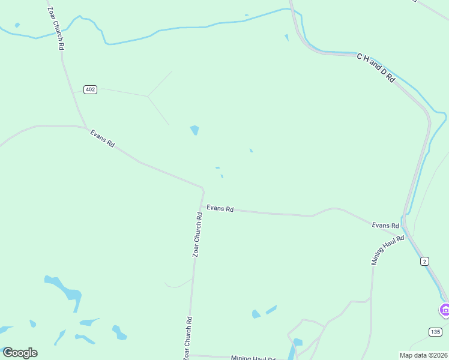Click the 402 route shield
click(90, 89)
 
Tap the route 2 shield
click(425, 260)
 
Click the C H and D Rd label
click(376, 67)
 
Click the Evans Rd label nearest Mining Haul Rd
click(385, 226)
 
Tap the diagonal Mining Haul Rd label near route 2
click(388, 250)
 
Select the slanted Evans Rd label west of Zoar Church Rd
click(102, 139)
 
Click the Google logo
click(20, 353)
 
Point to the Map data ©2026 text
click(423, 355)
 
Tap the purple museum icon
click(445, 310)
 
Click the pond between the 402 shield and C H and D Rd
click(194, 130)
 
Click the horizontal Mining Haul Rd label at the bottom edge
click(253, 358)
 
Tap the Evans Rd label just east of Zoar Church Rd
click(220, 208)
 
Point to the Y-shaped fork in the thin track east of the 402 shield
click(148, 96)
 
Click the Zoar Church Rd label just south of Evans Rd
click(196, 234)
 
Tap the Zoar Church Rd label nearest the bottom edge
click(188, 338)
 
